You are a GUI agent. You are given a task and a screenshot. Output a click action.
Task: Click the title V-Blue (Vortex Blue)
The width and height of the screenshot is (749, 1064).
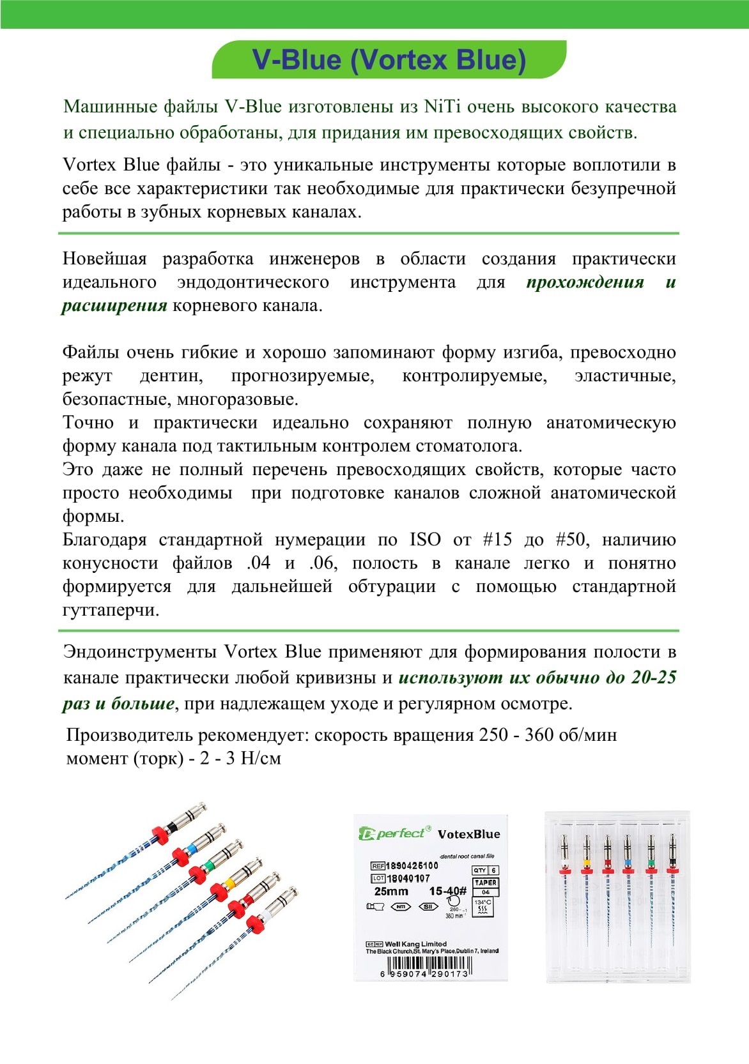click(389, 60)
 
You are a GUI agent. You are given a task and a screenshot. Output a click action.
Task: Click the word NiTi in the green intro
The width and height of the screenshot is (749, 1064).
click(442, 107)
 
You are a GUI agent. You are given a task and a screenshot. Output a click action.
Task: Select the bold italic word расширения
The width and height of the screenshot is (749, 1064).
click(114, 306)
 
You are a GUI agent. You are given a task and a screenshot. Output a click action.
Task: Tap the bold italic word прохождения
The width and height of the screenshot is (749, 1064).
click(585, 282)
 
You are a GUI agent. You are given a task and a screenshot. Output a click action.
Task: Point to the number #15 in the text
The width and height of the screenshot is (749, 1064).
click(497, 540)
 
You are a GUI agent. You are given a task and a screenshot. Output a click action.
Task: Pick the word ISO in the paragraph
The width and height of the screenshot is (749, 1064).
click(425, 540)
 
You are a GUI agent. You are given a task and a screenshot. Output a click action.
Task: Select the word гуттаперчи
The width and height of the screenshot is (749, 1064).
click(111, 611)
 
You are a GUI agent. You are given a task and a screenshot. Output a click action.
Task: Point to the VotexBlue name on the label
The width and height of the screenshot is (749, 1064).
click(468, 834)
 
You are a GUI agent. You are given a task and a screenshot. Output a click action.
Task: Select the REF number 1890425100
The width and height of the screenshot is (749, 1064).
click(412, 866)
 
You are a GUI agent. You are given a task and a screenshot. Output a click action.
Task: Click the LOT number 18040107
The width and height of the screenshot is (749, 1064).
click(408, 879)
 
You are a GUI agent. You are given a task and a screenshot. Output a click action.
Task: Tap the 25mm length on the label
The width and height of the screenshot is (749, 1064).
click(391, 892)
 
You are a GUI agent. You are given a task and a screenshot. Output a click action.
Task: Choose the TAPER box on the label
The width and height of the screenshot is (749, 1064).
click(486, 883)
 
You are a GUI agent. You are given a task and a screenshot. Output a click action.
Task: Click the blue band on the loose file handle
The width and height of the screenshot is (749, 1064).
click(190, 847)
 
